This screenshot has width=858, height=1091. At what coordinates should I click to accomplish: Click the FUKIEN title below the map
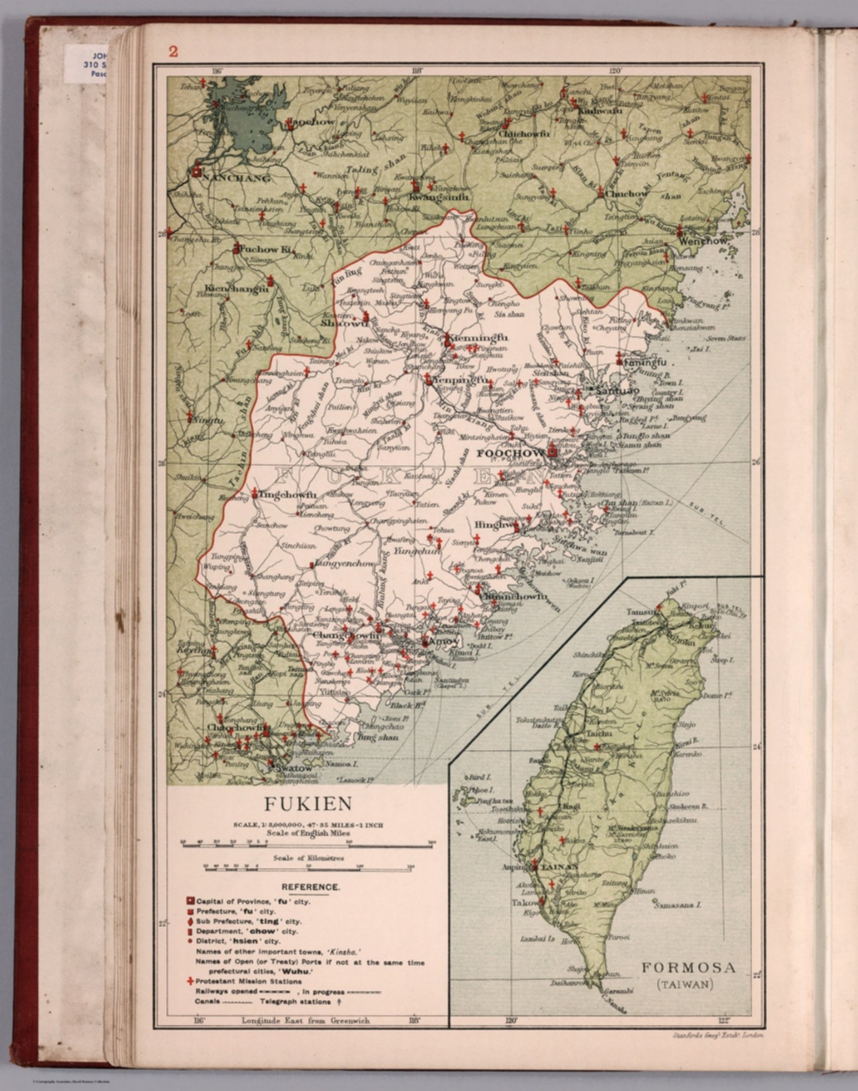click(x=309, y=804)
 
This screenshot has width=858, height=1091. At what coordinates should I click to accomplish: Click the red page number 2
click(x=173, y=51)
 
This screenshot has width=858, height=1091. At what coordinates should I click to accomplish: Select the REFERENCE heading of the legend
click(x=310, y=887)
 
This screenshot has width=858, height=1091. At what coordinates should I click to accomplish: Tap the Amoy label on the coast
click(x=439, y=641)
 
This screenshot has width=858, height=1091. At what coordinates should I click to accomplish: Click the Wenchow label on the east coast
click(x=704, y=241)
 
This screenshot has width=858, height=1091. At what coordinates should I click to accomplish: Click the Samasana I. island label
click(x=678, y=905)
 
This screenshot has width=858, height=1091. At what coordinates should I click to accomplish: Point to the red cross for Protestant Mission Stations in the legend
click(x=191, y=982)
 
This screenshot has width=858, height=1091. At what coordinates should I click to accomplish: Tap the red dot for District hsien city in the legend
click(x=191, y=940)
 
